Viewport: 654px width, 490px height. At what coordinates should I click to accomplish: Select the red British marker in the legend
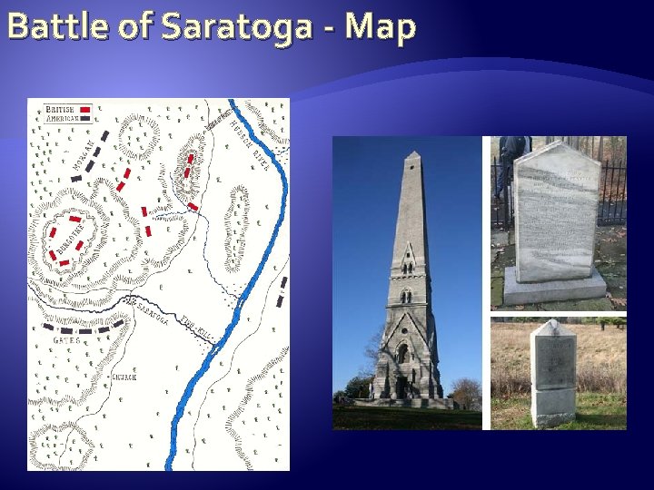(85, 110)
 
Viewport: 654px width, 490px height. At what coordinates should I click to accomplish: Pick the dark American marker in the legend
(85, 118)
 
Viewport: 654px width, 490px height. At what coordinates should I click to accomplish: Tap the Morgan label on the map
(81, 155)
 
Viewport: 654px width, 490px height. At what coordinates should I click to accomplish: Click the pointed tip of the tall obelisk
(413, 155)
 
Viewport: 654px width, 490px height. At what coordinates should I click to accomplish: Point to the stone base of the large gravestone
(555, 289)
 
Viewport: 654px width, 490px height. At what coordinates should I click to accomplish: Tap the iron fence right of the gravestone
(613, 191)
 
